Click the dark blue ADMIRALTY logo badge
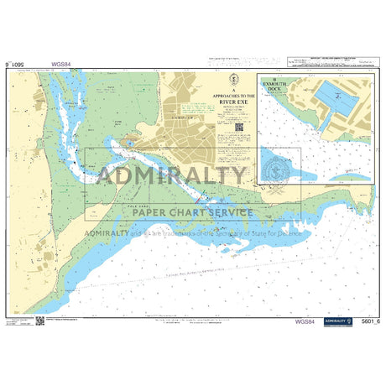tap(338, 321)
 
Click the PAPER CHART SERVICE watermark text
tap(192, 212)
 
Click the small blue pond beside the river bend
tap(129, 143)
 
